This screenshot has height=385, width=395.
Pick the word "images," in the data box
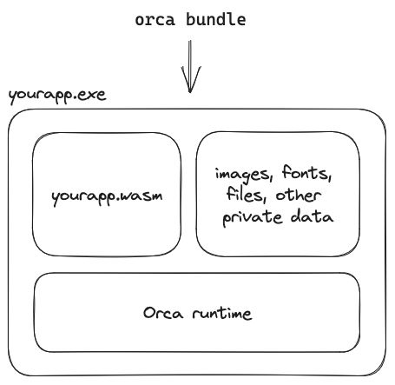pos(240,174)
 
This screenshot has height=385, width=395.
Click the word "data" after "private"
pos(312,217)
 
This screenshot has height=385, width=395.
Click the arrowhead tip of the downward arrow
pos(191,90)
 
